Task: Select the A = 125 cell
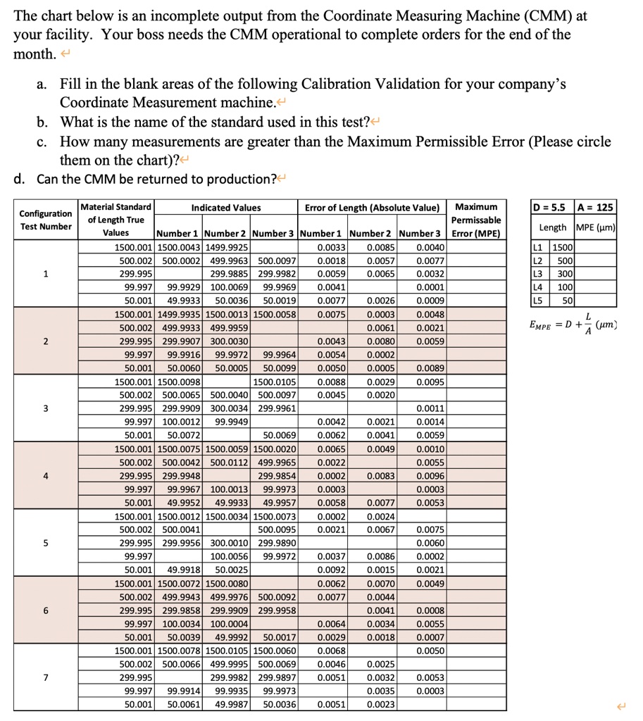[x=595, y=207]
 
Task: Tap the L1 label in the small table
[x=539, y=248]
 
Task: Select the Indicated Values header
[x=226, y=208]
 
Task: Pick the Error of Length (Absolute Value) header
[x=372, y=208]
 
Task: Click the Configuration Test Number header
[x=45, y=220]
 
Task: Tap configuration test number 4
[x=45, y=475]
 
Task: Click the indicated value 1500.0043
[x=178, y=248]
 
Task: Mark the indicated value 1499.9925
[x=225, y=248]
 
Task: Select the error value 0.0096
[x=429, y=475]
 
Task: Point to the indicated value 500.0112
[x=225, y=463]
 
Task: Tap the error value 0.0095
[x=429, y=382]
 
